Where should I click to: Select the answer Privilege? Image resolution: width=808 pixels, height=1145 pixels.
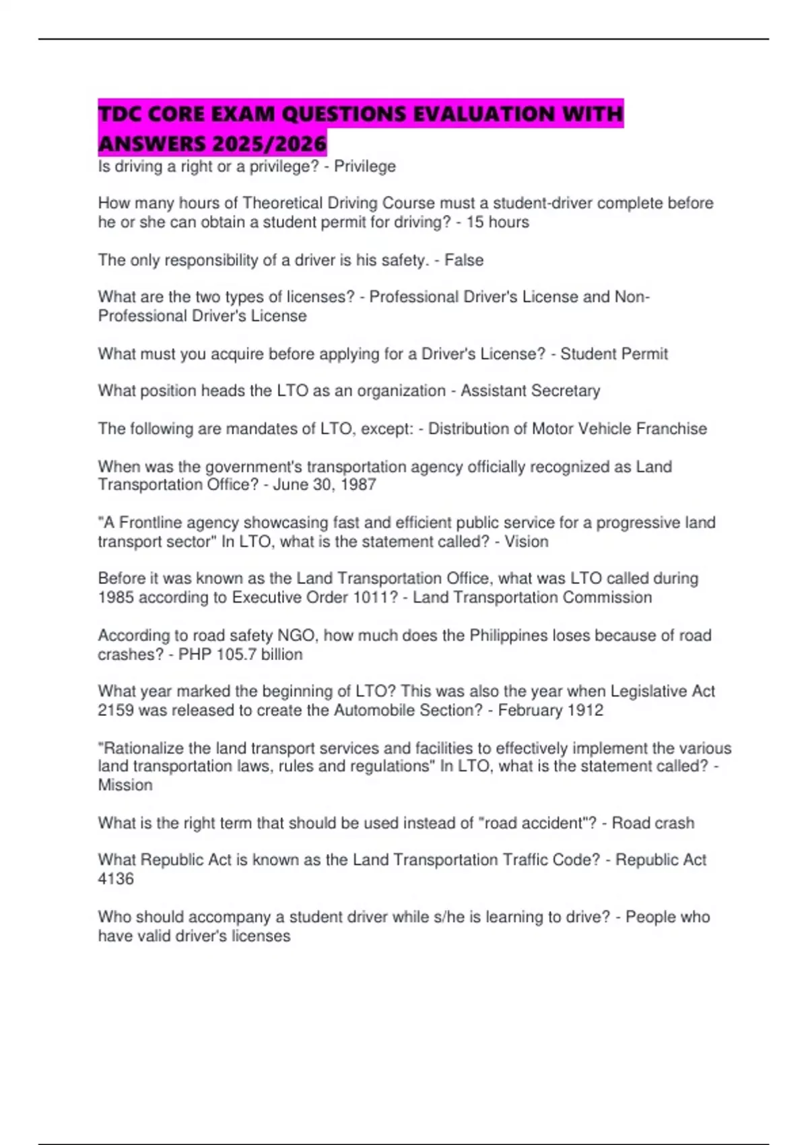click(x=365, y=166)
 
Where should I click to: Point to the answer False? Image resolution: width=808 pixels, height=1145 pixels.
click(x=464, y=260)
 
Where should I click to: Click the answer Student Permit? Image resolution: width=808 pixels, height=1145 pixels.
click(x=614, y=354)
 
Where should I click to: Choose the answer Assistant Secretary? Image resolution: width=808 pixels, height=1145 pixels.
click(x=530, y=391)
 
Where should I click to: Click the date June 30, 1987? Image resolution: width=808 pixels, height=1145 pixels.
click(x=325, y=485)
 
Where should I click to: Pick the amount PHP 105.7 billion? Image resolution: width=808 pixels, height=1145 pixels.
click(x=240, y=655)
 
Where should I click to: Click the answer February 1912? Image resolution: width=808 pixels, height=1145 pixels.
click(x=550, y=711)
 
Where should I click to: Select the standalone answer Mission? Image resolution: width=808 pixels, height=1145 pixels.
click(x=125, y=785)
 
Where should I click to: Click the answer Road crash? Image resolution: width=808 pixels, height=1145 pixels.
click(x=652, y=823)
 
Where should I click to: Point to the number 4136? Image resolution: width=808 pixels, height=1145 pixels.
click(x=116, y=879)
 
